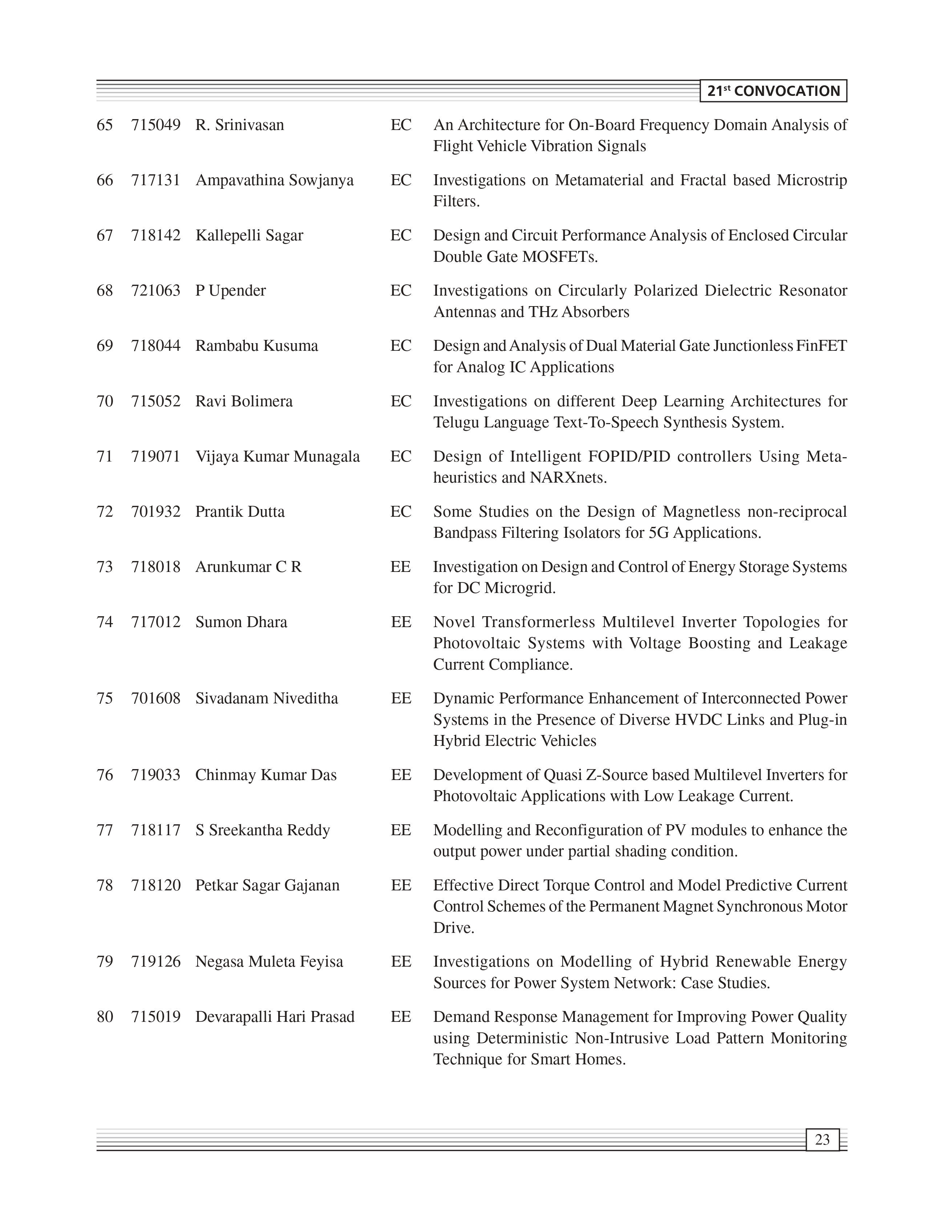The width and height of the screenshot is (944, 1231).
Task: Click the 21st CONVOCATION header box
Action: pos(773,91)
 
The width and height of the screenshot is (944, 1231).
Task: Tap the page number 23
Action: pos(822,1139)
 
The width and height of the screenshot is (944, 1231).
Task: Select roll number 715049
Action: pos(156,125)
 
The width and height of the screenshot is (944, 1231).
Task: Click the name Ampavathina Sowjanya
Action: pos(274,180)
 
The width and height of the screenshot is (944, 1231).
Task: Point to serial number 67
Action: pos(105,235)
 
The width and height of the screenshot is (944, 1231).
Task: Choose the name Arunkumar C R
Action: pos(248,567)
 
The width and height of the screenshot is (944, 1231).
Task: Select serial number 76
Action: pos(105,775)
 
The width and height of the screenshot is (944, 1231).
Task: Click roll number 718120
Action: pos(156,885)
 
